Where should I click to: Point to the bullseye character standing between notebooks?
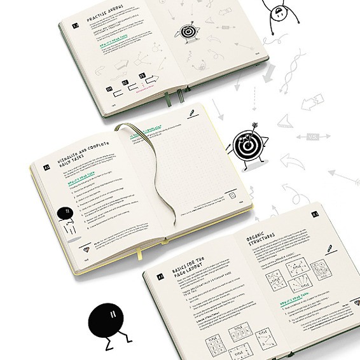[246, 147]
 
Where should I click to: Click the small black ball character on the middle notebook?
[64, 214]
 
